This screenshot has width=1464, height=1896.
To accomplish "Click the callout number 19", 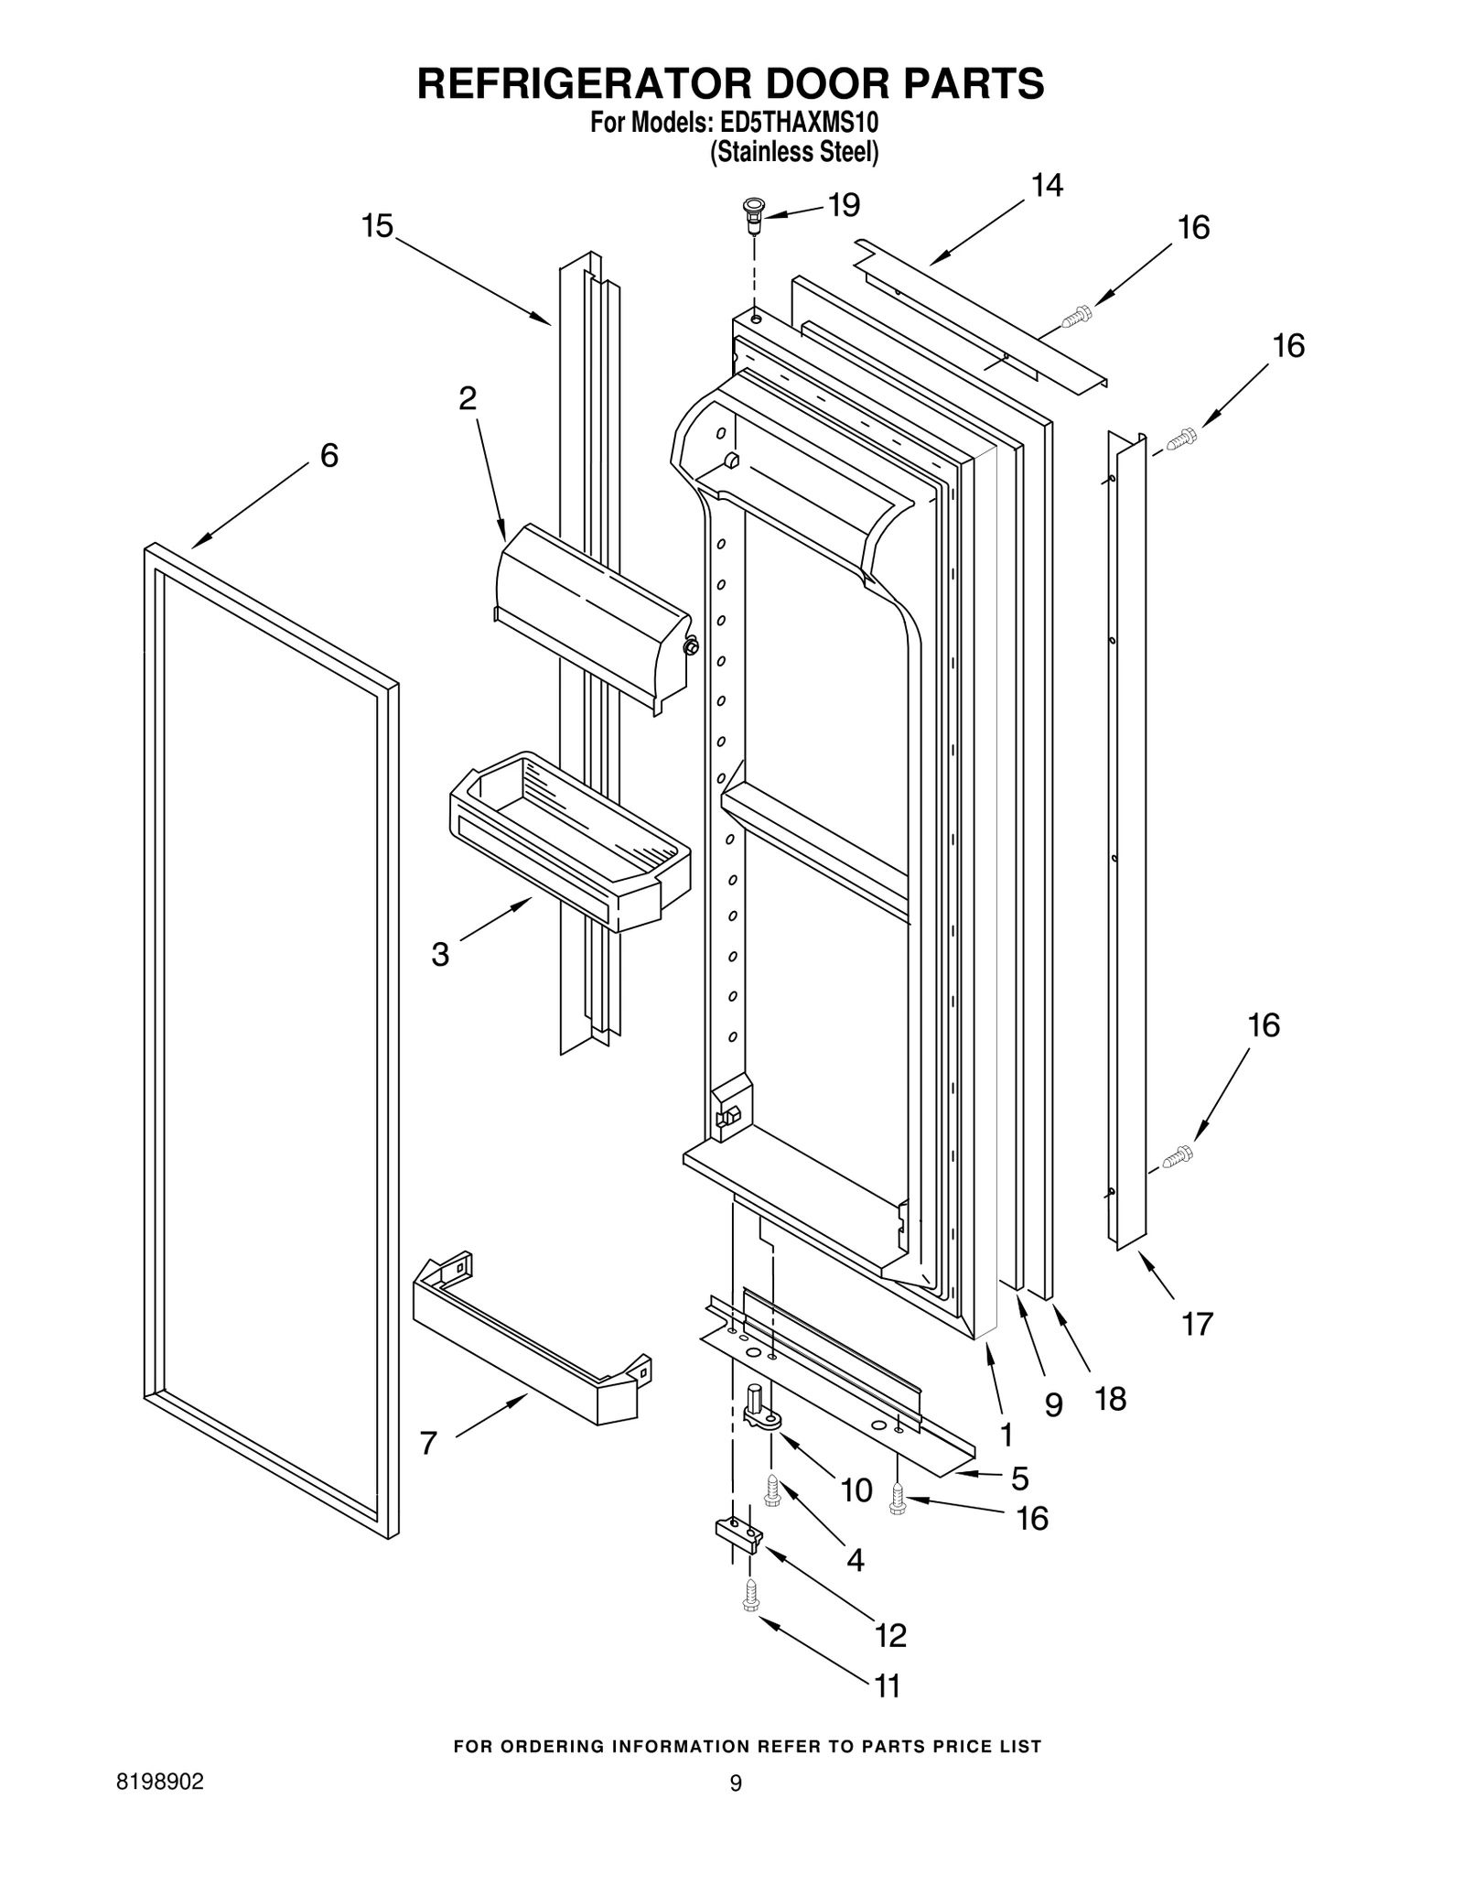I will pyautogui.click(x=844, y=205).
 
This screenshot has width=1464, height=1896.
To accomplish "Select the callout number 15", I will pyautogui.click(x=376, y=225).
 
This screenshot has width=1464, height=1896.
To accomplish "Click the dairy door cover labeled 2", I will pyautogui.click(x=590, y=618).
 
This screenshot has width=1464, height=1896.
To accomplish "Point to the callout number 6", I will pyautogui.click(x=328, y=455).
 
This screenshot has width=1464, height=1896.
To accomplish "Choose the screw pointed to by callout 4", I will pyautogui.click(x=772, y=1490).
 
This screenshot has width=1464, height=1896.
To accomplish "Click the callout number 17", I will pyautogui.click(x=1197, y=1323).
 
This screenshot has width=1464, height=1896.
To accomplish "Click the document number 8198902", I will pyautogui.click(x=160, y=1782).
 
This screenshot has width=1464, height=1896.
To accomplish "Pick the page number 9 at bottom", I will pyautogui.click(x=735, y=1782).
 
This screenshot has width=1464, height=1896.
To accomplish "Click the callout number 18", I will pyautogui.click(x=1111, y=1399).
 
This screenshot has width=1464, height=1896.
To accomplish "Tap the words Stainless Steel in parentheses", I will pyautogui.click(x=794, y=152).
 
